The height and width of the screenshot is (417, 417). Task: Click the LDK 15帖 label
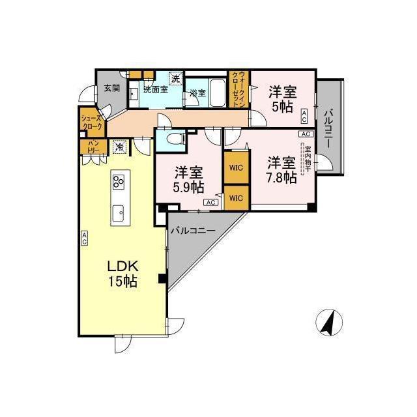122,274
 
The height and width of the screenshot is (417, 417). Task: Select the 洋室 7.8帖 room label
281,168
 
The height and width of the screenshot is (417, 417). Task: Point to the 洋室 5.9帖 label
188,179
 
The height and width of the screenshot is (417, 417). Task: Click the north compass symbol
329,322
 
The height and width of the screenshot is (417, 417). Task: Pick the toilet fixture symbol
173,139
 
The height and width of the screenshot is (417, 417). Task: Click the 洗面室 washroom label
155,89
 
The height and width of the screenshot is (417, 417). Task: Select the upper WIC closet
235,167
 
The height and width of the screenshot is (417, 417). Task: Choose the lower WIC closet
235,197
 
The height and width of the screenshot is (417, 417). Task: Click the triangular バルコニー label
193,231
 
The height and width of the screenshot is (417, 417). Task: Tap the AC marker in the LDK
85,238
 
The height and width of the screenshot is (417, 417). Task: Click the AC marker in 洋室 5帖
304,116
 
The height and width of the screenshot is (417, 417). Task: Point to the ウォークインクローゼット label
240,90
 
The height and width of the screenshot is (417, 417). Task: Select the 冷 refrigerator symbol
119,147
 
